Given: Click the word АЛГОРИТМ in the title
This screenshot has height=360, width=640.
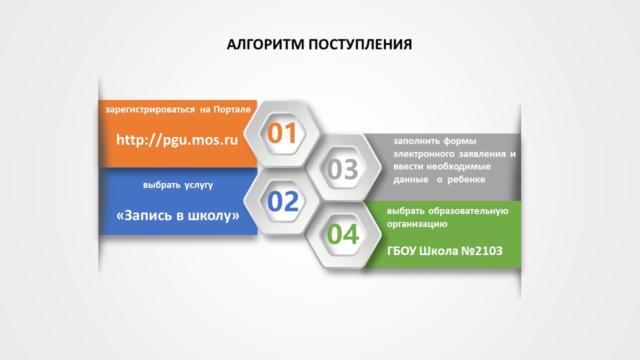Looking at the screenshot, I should click(265, 44).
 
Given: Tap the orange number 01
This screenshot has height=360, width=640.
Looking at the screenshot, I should click(282, 133).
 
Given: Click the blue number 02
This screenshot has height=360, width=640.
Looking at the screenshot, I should click(282, 201).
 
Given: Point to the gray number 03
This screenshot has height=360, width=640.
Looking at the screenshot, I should click(343, 169).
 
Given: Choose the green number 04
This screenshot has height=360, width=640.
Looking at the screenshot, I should click(343, 234).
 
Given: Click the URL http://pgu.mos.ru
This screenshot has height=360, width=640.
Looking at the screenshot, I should click(177, 139).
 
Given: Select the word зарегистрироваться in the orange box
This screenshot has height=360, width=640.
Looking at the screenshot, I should click(150, 109).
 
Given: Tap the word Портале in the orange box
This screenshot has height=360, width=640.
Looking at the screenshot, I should click(232, 109).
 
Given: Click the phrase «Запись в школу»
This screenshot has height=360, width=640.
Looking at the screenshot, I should click(177, 215).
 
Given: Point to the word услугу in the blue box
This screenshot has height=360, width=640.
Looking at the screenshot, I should click(198, 185).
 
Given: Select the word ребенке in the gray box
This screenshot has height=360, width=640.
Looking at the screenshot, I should click(467, 179).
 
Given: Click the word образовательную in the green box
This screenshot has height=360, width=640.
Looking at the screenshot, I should click(467, 211).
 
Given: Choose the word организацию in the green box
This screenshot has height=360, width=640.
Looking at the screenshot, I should click(417, 224).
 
